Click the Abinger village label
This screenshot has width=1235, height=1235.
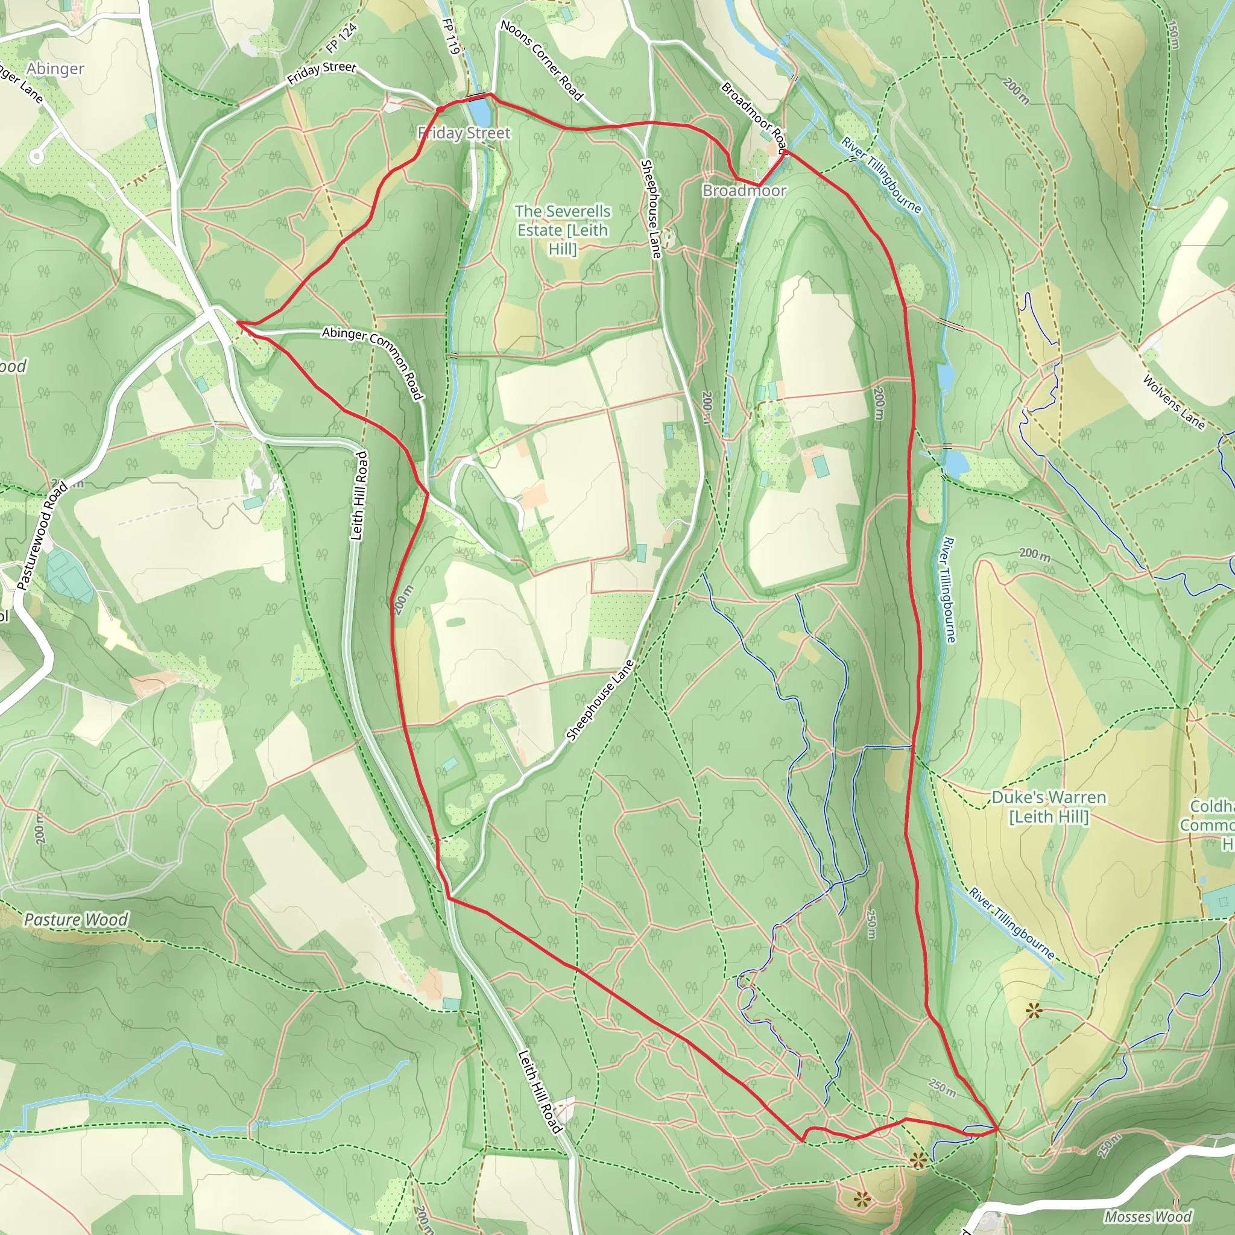(55, 68)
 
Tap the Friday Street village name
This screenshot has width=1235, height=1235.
(464, 133)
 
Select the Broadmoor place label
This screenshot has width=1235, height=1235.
(744, 191)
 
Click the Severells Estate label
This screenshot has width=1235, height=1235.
(563, 230)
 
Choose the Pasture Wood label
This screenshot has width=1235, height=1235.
(76, 920)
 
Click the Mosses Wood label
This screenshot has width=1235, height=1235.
(1148, 1216)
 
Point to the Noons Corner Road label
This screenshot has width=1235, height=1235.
(542, 60)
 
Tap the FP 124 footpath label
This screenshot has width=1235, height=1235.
(341, 39)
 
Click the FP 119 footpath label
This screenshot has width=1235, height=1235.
(450, 36)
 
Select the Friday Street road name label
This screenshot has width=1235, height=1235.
(321, 73)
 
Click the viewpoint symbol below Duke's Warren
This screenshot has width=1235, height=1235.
(1034, 1011)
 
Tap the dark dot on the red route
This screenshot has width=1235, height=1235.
(440, 110)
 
